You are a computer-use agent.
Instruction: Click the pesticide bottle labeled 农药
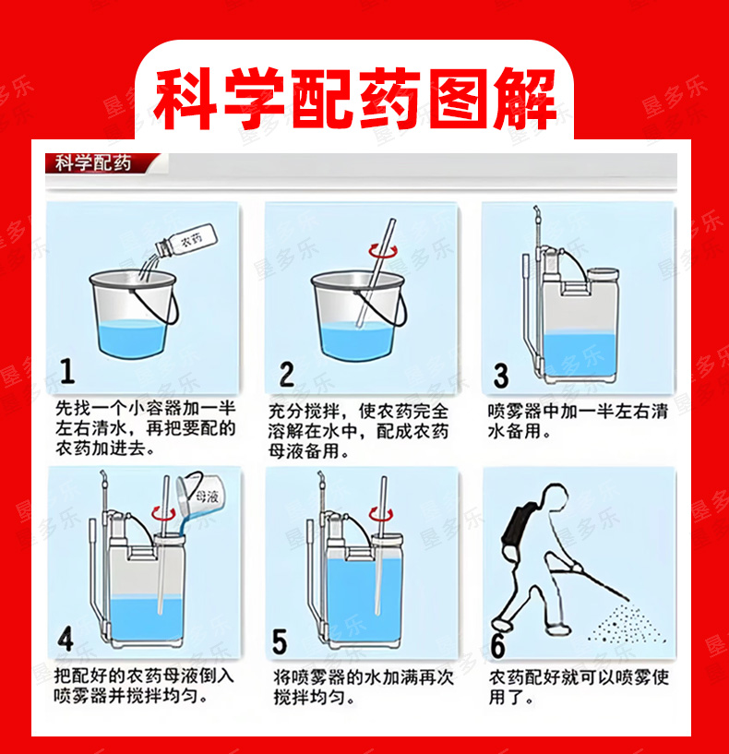(x=186, y=241)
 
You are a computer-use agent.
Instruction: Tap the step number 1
(x=68, y=371)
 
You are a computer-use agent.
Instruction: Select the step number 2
(x=287, y=374)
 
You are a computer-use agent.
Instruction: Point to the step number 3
(x=501, y=376)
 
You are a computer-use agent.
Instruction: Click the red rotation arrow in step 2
(x=383, y=251)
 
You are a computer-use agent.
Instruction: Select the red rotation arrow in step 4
(x=163, y=514)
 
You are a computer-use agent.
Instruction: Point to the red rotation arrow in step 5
(x=381, y=515)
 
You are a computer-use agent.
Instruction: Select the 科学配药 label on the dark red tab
(x=93, y=163)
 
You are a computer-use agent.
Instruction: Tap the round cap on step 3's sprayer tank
(x=603, y=275)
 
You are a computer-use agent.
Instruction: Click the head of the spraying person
(x=556, y=496)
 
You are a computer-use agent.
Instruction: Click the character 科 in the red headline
(x=184, y=99)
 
